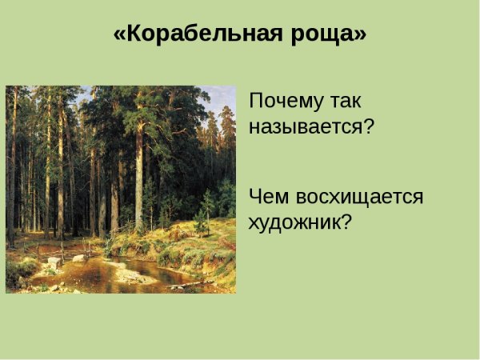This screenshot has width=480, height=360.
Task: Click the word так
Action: pos(346,102)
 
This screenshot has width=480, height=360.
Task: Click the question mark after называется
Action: pos(369,126)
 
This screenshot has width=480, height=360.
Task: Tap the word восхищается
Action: pos(357,197)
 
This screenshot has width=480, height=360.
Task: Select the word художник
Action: pos(294,222)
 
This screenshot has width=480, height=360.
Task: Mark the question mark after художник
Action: pos(346,222)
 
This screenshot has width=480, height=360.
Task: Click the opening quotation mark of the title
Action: pos(119,35)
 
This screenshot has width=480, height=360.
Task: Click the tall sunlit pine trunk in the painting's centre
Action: pos(138,176)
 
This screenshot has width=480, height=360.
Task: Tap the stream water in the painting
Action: pos(96,276)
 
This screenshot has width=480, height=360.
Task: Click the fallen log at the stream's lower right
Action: pos(200,283)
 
